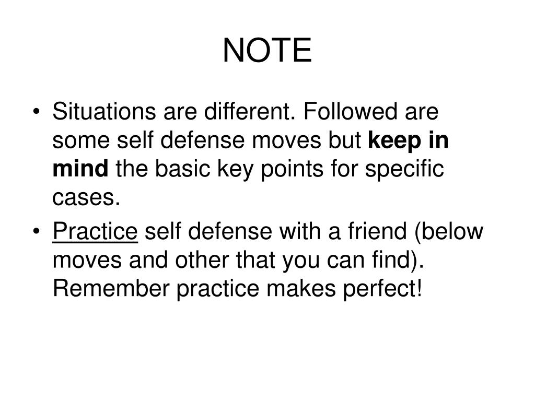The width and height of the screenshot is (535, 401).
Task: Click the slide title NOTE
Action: click(267, 51)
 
